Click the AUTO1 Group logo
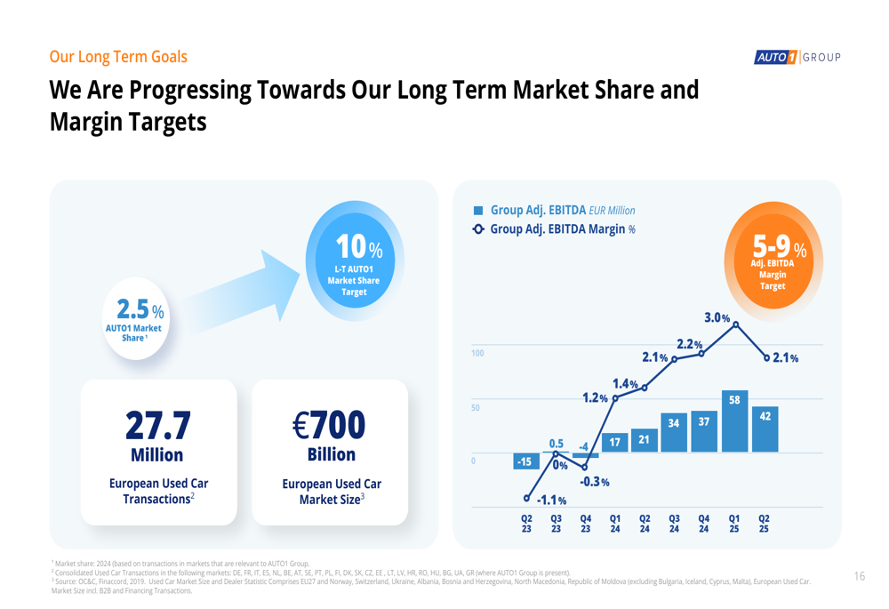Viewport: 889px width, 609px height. pos(797,58)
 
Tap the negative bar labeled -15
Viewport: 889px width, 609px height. pos(525,461)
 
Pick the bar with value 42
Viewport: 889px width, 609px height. pos(764,429)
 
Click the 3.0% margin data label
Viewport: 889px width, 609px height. pos(717,317)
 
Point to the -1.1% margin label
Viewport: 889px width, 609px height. pos(551,501)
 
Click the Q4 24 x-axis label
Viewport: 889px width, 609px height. pos(704,523)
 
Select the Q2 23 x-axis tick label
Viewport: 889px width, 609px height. pos(526,523)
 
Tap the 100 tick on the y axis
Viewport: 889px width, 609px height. pos(477,354)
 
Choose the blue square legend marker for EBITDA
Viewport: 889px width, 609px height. pos(478,211)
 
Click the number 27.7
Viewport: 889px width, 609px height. pos(157,425)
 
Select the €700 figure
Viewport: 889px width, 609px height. pos(329,425)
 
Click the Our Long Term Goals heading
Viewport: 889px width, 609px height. pos(118,57)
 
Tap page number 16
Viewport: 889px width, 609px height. pos(859,576)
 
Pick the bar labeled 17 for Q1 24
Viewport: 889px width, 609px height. pos(614,441)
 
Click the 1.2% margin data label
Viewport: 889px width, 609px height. pos(595,397)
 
